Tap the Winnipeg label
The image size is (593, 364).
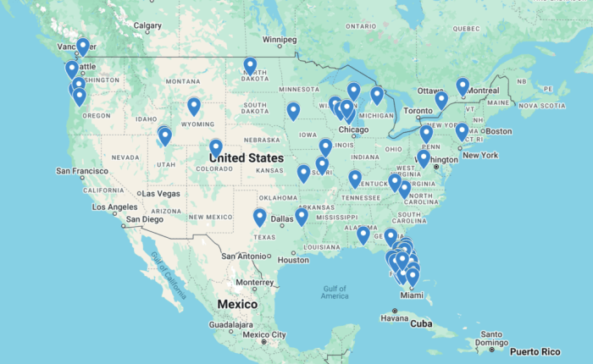(x=279, y=40)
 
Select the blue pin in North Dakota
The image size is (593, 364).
(x=250, y=66)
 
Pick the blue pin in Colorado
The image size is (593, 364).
(x=216, y=147)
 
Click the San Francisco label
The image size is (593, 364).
(x=82, y=171)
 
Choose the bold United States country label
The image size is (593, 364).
(x=247, y=158)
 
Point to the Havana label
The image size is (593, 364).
(x=393, y=318)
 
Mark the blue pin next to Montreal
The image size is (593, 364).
(x=463, y=85)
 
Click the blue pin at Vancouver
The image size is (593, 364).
(x=82, y=46)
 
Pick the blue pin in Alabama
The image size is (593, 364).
(x=363, y=234)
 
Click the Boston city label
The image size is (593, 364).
(x=499, y=131)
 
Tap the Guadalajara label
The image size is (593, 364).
(x=208, y=324)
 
